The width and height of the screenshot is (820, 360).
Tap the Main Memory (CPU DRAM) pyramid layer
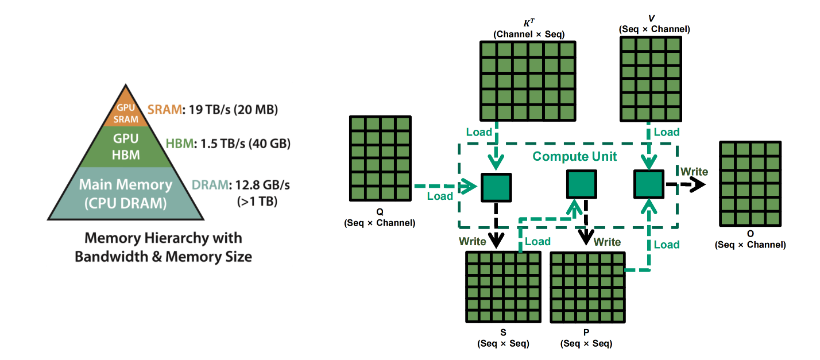coord(125,194)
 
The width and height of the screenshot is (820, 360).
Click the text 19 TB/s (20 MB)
coord(231,109)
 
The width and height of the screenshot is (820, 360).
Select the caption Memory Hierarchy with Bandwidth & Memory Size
coord(163,247)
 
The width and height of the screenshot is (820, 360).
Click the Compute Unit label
coord(574,156)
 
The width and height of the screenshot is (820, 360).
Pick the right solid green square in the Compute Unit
coord(649,184)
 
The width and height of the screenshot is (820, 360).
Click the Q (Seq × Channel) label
coord(380,217)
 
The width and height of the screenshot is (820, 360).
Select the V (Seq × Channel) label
coord(654,24)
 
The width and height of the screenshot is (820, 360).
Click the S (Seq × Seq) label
coord(504,338)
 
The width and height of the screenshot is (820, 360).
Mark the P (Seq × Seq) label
coord(586,338)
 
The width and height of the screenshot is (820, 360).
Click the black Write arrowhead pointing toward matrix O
coord(698,184)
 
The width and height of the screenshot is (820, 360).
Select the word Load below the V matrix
coord(667,132)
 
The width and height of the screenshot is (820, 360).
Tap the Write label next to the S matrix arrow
coord(473,241)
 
